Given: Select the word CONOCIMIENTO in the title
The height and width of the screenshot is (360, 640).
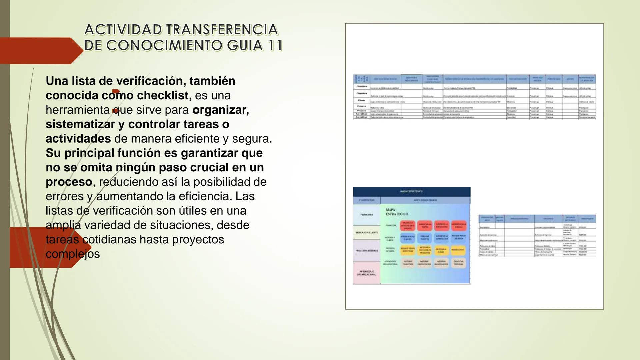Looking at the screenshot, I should tap(164, 46).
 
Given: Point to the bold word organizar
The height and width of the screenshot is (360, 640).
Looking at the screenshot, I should tap(220, 110).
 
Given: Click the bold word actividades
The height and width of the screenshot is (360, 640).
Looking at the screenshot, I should tap(78, 138).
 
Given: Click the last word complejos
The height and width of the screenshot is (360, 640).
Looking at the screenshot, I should tap(73, 254).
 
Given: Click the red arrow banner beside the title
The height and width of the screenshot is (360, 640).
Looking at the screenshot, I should tap(40, 51).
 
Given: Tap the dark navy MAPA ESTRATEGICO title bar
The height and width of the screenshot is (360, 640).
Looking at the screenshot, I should tap(412, 191).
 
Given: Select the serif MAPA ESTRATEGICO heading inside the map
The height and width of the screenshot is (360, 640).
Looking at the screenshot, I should tap(397, 212).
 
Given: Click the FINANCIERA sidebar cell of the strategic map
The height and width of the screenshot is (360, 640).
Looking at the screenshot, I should tap(367, 215).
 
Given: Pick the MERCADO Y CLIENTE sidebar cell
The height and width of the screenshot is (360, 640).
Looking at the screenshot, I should tap(367, 233).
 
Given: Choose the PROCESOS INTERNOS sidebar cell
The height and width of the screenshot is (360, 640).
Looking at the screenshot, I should tap(367, 251).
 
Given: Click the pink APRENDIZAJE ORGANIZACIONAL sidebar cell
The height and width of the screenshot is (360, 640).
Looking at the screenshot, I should tap(367, 273).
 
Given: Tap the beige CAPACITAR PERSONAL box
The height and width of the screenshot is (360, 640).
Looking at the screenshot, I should tap(458, 263).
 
